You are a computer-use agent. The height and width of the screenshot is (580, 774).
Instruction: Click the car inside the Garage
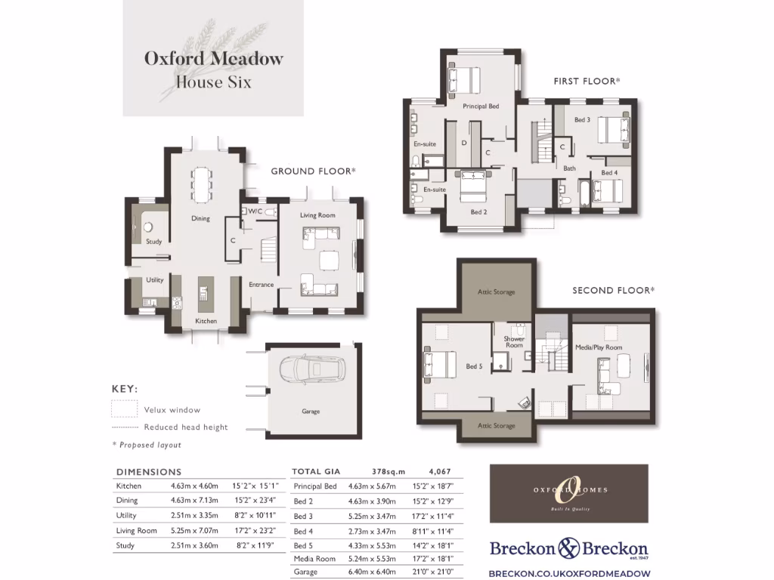point(311,371)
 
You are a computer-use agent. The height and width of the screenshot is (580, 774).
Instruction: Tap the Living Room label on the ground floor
point(317,216)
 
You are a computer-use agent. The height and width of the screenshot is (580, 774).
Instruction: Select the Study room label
point(153,242)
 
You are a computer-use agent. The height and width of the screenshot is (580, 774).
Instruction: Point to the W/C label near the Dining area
point(255,212)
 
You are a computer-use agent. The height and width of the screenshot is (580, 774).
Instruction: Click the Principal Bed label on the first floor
point(481,106)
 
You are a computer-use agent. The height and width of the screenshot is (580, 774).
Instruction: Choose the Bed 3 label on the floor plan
point(582,119)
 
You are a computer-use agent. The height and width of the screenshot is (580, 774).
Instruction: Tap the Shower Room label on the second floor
point(514,342)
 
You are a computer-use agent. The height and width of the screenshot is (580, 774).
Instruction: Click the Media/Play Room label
point(599,347)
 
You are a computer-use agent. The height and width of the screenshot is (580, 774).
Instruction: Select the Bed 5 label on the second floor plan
point(474,366)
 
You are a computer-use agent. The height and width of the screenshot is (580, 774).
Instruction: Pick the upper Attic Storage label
point(496,292)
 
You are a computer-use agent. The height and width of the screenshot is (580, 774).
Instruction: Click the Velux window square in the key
point(124,409)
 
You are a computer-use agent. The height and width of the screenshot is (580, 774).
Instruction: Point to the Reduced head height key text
point(186,427)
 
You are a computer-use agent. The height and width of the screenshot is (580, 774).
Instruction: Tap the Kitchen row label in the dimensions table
point(128,486)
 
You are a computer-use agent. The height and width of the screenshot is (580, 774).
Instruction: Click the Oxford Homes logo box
point(568,493)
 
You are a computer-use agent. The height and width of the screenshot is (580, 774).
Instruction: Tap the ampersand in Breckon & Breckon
point(568,548)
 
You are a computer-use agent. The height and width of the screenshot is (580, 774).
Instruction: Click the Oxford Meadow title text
point(214,58)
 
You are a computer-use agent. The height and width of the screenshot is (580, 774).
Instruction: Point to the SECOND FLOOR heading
point(613,290)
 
